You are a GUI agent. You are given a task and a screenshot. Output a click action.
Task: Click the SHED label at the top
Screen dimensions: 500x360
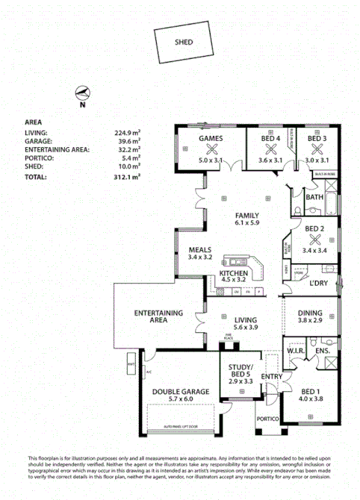click(x=183, y=43)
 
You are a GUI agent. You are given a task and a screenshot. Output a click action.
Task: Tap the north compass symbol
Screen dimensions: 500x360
click(x=83, y=93)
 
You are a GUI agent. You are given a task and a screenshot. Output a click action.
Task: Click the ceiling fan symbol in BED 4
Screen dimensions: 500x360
click(x=269, y=149)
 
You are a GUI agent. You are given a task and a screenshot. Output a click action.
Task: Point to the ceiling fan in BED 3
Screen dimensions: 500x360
click(x=317, y=149)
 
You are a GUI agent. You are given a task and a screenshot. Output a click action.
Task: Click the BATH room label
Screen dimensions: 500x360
click(x=314, y=198)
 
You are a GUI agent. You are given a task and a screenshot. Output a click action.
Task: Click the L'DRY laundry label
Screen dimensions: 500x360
click(x=319, y=284)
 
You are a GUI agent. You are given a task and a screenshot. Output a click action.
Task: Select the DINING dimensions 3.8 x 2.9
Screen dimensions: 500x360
click(x=310, y=322)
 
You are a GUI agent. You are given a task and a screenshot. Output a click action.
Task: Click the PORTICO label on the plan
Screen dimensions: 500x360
click(x=268, y=419)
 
